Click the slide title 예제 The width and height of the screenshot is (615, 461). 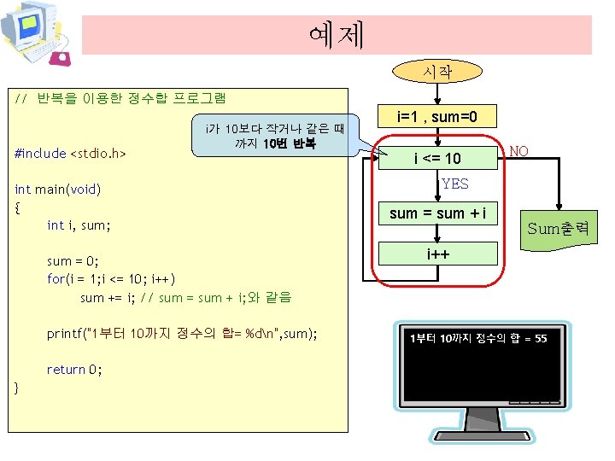(x=337, y=35)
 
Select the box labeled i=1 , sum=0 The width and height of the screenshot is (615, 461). (x=436, y=116)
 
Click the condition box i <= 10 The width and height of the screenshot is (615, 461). (x=436, y=158)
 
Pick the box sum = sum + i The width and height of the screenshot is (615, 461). (x=436, y=213)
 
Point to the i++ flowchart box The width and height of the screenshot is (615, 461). (x=436, y=254)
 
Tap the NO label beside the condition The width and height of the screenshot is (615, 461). (x=518, y=152)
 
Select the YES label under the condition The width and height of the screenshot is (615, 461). (x=454, y=184)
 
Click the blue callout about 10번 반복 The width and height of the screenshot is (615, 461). (x=274, y=137)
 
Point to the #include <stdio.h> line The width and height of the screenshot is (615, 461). (x=71, y=154)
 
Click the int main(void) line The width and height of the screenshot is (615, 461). (x=58, y=189)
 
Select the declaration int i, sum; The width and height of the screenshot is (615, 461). (x=79, y=225)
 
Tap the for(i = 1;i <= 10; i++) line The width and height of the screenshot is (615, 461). (x=111, y=279)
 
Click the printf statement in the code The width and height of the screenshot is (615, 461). (x=181, y=333)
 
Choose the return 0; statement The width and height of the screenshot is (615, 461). (x=74, y=369)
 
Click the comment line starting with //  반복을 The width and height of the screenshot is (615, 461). (x=120, y=98)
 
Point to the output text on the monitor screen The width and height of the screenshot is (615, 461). (x=478, y=339)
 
